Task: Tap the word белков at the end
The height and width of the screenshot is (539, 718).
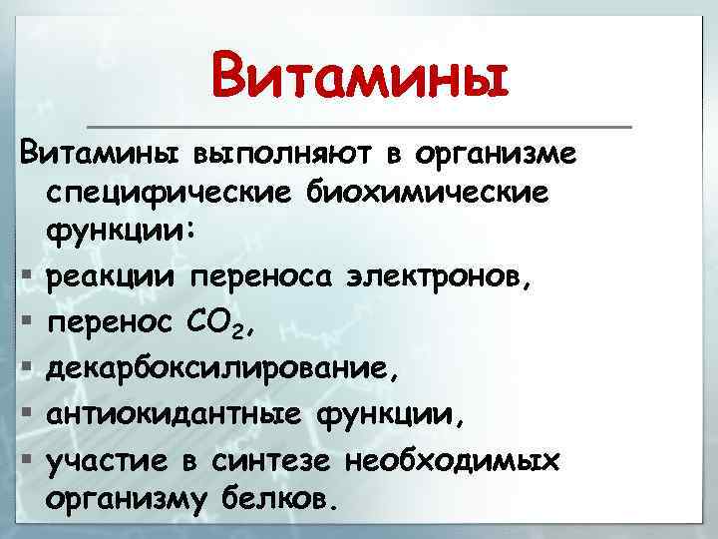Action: (x=288, y=498)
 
